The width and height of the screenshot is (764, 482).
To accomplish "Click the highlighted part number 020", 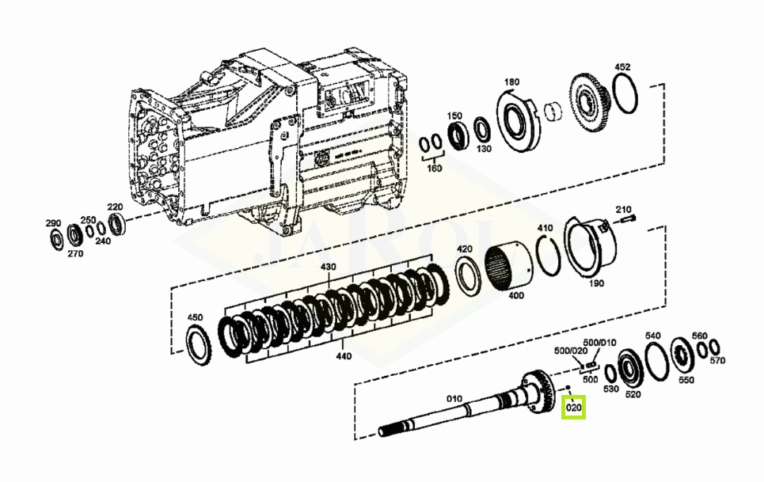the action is tap(574, 407).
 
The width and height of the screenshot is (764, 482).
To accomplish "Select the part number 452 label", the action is tap(622, 67).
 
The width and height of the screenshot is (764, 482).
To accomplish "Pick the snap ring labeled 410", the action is tap(548, 255).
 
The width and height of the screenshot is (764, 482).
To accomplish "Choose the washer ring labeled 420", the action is tap(468, 276).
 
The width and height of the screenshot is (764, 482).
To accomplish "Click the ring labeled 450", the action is tap(200, 346).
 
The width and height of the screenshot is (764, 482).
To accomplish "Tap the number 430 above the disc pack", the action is tap(328, 267).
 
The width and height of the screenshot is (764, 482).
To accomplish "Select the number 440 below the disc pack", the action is tap(344, 356).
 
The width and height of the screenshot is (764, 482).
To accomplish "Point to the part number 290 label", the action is tap(53, 223).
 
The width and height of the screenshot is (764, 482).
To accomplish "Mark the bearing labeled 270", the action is tap(74, 235).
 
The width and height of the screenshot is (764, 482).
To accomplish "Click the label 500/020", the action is tap(571, 351).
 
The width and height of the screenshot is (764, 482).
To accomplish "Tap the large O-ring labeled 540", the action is tap(656, 361).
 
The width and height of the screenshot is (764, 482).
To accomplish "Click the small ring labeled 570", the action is tap(714, 347).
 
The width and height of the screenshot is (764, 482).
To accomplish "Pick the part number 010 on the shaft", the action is tap(454, 399).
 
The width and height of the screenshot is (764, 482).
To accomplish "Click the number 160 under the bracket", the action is tap(434, 168).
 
